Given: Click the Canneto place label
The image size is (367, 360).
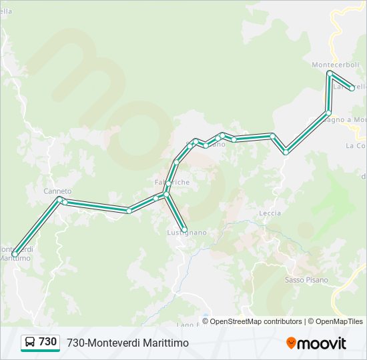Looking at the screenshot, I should point(57,191).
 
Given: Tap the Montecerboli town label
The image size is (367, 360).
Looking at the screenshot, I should point(336,65).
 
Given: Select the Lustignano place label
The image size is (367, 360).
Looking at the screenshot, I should point(187,233).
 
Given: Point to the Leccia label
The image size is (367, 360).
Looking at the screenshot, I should point(270,213).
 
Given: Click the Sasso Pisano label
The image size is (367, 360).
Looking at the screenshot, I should point(306,280).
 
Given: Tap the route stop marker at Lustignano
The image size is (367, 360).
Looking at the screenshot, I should point(185,230).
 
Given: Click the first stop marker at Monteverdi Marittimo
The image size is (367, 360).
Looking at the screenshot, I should point(15,254).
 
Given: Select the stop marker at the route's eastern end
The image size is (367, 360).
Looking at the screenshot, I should point(352,88).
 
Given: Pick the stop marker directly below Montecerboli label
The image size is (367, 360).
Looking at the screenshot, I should point(330,73).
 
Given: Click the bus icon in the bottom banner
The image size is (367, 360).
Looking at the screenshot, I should point(30,342).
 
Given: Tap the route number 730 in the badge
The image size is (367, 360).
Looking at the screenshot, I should point(48,342).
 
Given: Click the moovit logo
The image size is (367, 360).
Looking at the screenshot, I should point(316,343).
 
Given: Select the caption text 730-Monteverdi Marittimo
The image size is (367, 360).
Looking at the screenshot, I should point(127,343).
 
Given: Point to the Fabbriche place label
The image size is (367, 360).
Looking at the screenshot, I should point(172,182).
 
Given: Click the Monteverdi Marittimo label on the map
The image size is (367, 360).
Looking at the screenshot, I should point(15,253).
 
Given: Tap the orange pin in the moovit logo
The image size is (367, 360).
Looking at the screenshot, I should point(291,343).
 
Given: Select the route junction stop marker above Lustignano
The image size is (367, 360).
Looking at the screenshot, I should point(166,194).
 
